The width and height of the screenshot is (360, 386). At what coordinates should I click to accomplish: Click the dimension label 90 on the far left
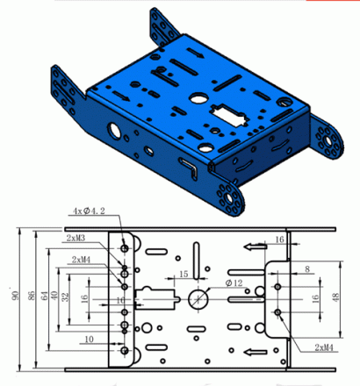pos(13,291)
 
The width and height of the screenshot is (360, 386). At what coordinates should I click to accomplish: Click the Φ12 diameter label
pos(234,283)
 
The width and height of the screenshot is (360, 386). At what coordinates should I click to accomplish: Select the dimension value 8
pos(306,270)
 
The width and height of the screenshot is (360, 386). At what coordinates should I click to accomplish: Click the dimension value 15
pos(184,275)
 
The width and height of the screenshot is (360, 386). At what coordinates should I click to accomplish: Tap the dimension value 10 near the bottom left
pos(89,339)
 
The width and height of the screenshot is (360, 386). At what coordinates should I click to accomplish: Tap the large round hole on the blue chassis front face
pos(115,131)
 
